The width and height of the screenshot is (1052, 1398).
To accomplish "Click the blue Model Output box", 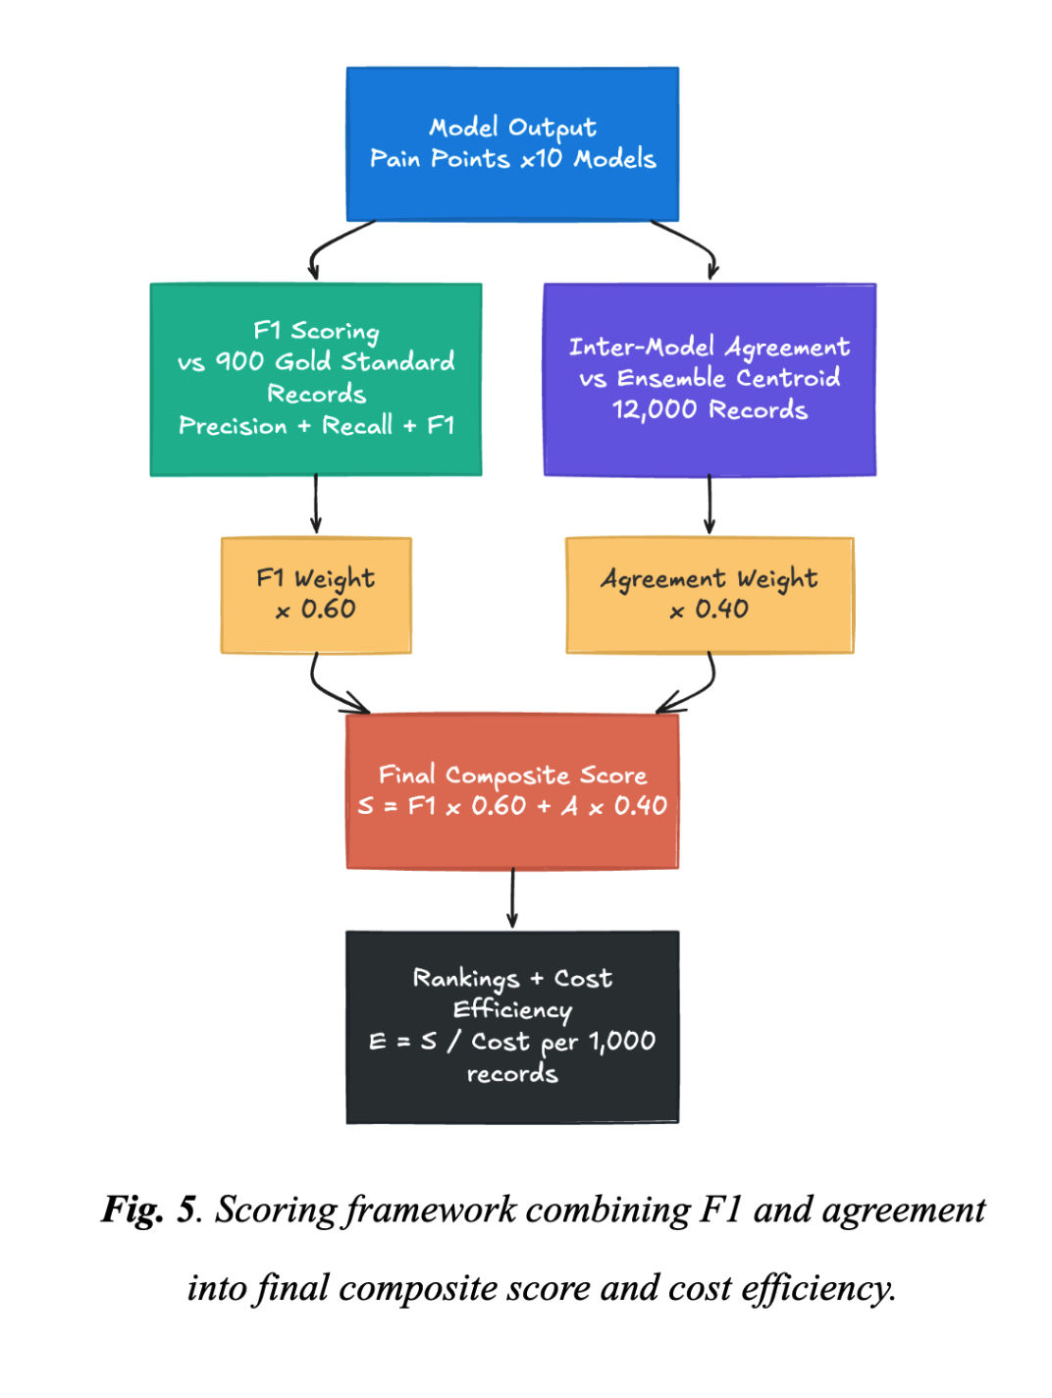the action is (x=512, y=144).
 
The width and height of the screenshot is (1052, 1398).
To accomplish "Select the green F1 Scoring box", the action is (x=316, y=380).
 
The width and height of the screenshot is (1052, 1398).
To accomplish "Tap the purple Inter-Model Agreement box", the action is (x=710, y=380).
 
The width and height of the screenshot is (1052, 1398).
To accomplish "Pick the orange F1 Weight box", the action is (x=316, y=595).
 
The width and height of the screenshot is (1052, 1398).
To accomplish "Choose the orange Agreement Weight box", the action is (x=710, y=595).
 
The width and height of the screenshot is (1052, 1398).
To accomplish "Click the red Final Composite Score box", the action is (x=512, y=791).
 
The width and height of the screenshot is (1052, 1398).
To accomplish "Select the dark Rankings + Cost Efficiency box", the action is (x=512, y=1027).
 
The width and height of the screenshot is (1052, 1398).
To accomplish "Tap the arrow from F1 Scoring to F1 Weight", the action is (x=316, y=505).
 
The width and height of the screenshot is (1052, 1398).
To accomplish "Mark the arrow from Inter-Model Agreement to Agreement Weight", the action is (x=710, y=505).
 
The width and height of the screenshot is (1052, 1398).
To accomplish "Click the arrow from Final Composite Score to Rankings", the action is (x=512, y=898).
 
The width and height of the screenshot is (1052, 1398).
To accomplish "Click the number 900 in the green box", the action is (x=239, y=361).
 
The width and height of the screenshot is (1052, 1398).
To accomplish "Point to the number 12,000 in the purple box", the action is (x=655, y=409).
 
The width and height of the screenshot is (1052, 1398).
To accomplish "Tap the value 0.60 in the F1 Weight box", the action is (x=329, y=609).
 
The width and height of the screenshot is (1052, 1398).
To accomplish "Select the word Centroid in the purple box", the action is (x=788, y=378).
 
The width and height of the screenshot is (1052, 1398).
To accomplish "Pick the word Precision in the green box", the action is (x=233, y=425).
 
